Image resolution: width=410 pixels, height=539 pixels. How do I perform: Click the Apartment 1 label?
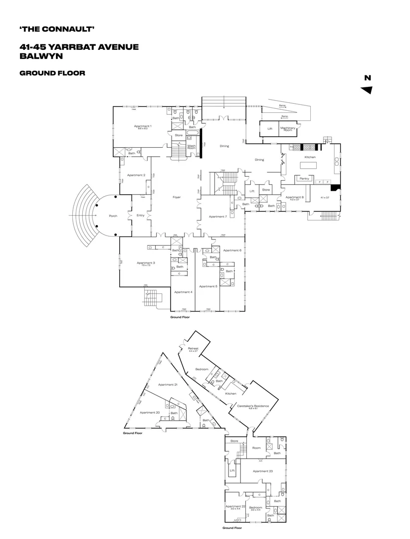[x=143, y=126]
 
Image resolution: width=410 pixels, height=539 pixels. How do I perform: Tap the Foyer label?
[x=177, y=197]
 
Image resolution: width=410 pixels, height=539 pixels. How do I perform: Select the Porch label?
[x=113, y=216]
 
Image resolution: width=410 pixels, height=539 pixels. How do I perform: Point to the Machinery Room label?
[x=288, y=129]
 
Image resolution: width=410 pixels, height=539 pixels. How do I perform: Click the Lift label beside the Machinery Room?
[x=269, y=129]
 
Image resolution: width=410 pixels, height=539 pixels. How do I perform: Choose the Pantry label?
[x=303, y=178]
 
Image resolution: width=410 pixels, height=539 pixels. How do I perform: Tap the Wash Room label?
[x=192, y=147]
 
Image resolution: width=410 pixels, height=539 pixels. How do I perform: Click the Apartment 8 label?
[x=293, y=197]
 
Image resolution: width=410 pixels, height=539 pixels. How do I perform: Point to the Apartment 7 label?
[x=217, y=217]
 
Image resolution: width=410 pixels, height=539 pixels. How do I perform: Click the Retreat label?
[x=193, y=348]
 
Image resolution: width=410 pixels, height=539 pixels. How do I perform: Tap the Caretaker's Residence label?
[x=253, y=406]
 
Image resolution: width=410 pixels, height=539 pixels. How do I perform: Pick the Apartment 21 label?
[x=168, y=385]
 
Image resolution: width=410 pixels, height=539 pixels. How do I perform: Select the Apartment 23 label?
[x=262, y=471]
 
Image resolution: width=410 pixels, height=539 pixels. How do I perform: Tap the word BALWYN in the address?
[x=40, y=56]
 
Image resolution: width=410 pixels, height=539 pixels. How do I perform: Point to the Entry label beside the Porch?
[x=140, y=215]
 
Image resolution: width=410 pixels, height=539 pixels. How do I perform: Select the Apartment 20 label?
[x=150, y=413]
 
